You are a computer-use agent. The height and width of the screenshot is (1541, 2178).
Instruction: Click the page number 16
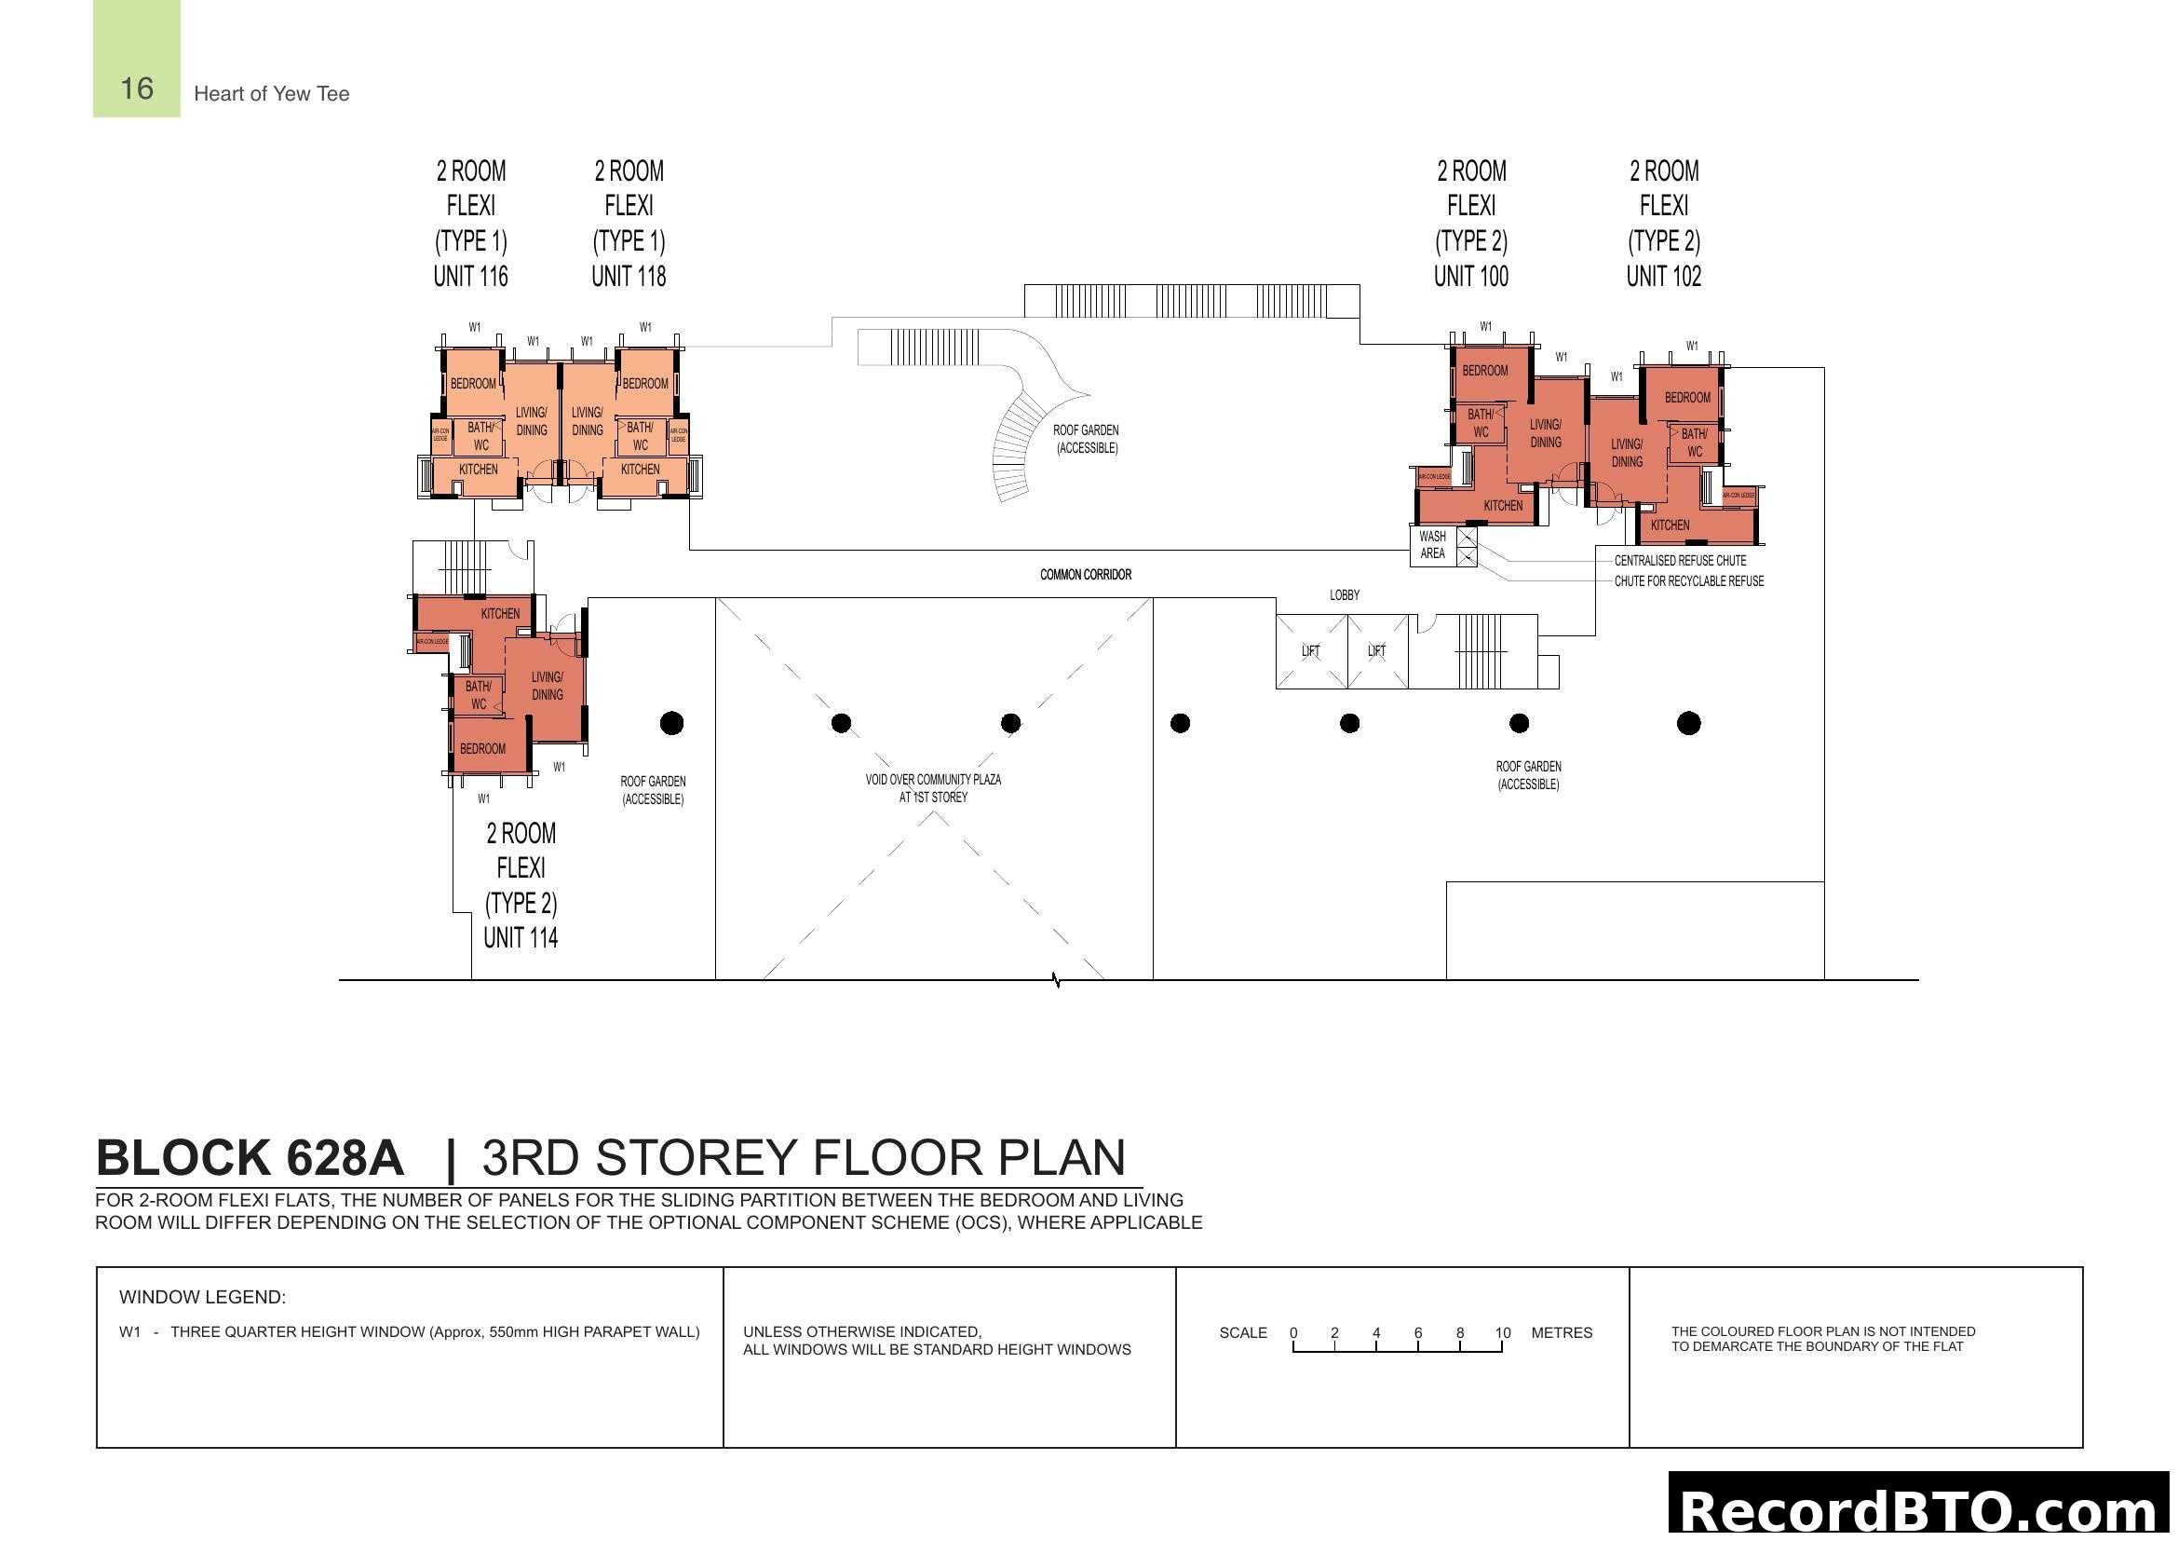tap(137, 89)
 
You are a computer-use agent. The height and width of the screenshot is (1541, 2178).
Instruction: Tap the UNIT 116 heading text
tap(470, 276)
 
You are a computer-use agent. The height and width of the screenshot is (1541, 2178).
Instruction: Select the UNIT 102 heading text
tap(1663, 276)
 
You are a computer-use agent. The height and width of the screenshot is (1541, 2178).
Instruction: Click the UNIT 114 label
tap(521, 937)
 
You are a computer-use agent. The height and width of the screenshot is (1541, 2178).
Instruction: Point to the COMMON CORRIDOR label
tap(1085, 574)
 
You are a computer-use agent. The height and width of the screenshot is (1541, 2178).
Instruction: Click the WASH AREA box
tap(1432, 545)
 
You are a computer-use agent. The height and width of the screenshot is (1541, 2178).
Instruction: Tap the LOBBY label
tap(1344, 595)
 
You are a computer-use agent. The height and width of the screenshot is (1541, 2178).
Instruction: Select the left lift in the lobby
tap(1310, 651)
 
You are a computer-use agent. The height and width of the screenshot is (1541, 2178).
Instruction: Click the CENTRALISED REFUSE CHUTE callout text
tap(1679, 561)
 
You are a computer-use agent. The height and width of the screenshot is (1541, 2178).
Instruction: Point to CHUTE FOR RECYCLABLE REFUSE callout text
tap(1688, 580)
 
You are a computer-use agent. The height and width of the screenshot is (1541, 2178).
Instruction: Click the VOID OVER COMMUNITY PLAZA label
tap(932, 787)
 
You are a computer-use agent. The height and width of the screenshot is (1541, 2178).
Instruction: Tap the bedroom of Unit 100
tap(1484, 371)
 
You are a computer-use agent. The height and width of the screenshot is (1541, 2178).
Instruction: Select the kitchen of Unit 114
tap(500, 614)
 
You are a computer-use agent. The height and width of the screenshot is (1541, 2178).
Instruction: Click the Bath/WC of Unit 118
tap(640, 436)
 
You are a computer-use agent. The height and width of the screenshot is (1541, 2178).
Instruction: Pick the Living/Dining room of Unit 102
tap(1626, 453)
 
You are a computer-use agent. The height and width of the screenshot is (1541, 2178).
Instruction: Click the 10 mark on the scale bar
tap(1502, 1332)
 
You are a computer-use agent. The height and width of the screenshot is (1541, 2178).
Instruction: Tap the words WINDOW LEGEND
tap(202, 1296)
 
